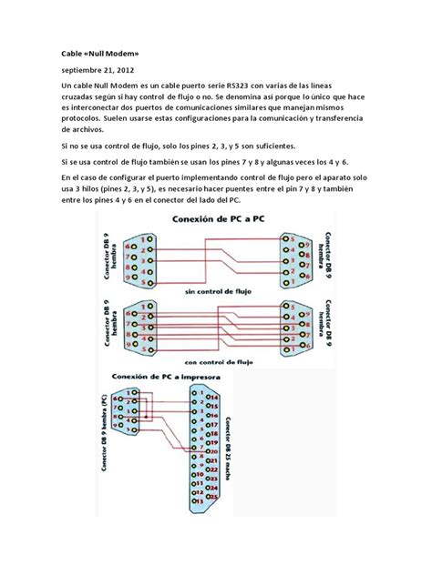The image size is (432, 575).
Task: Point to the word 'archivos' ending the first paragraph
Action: click(x=78, y=130)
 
